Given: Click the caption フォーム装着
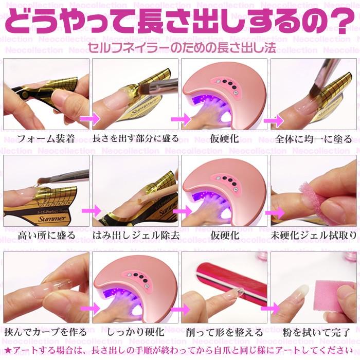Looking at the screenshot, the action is click(46, 139).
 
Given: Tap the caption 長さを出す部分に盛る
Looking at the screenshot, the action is click(135, 139).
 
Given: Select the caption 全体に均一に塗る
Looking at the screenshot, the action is click(314, 139).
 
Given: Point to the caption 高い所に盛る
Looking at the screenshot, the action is click(47, 236).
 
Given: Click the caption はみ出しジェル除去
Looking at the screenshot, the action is click(136, 236).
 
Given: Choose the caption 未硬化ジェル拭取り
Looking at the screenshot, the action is click(314, 236).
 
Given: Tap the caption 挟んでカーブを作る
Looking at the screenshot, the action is click(45, 332).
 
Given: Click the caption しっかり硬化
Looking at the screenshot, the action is click(135, 332).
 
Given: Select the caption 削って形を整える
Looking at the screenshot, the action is click(224, 332).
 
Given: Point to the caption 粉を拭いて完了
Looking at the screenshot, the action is click(316, 332).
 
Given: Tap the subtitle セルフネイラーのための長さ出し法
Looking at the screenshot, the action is click(182, 47).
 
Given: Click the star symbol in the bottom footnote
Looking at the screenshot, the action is click(8, 350).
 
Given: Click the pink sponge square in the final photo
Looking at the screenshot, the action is click(332, 297).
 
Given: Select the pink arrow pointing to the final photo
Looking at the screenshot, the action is click(271, 308).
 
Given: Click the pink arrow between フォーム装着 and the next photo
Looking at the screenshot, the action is click(90, 119).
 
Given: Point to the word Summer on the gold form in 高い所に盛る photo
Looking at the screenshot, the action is click(52, 219).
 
